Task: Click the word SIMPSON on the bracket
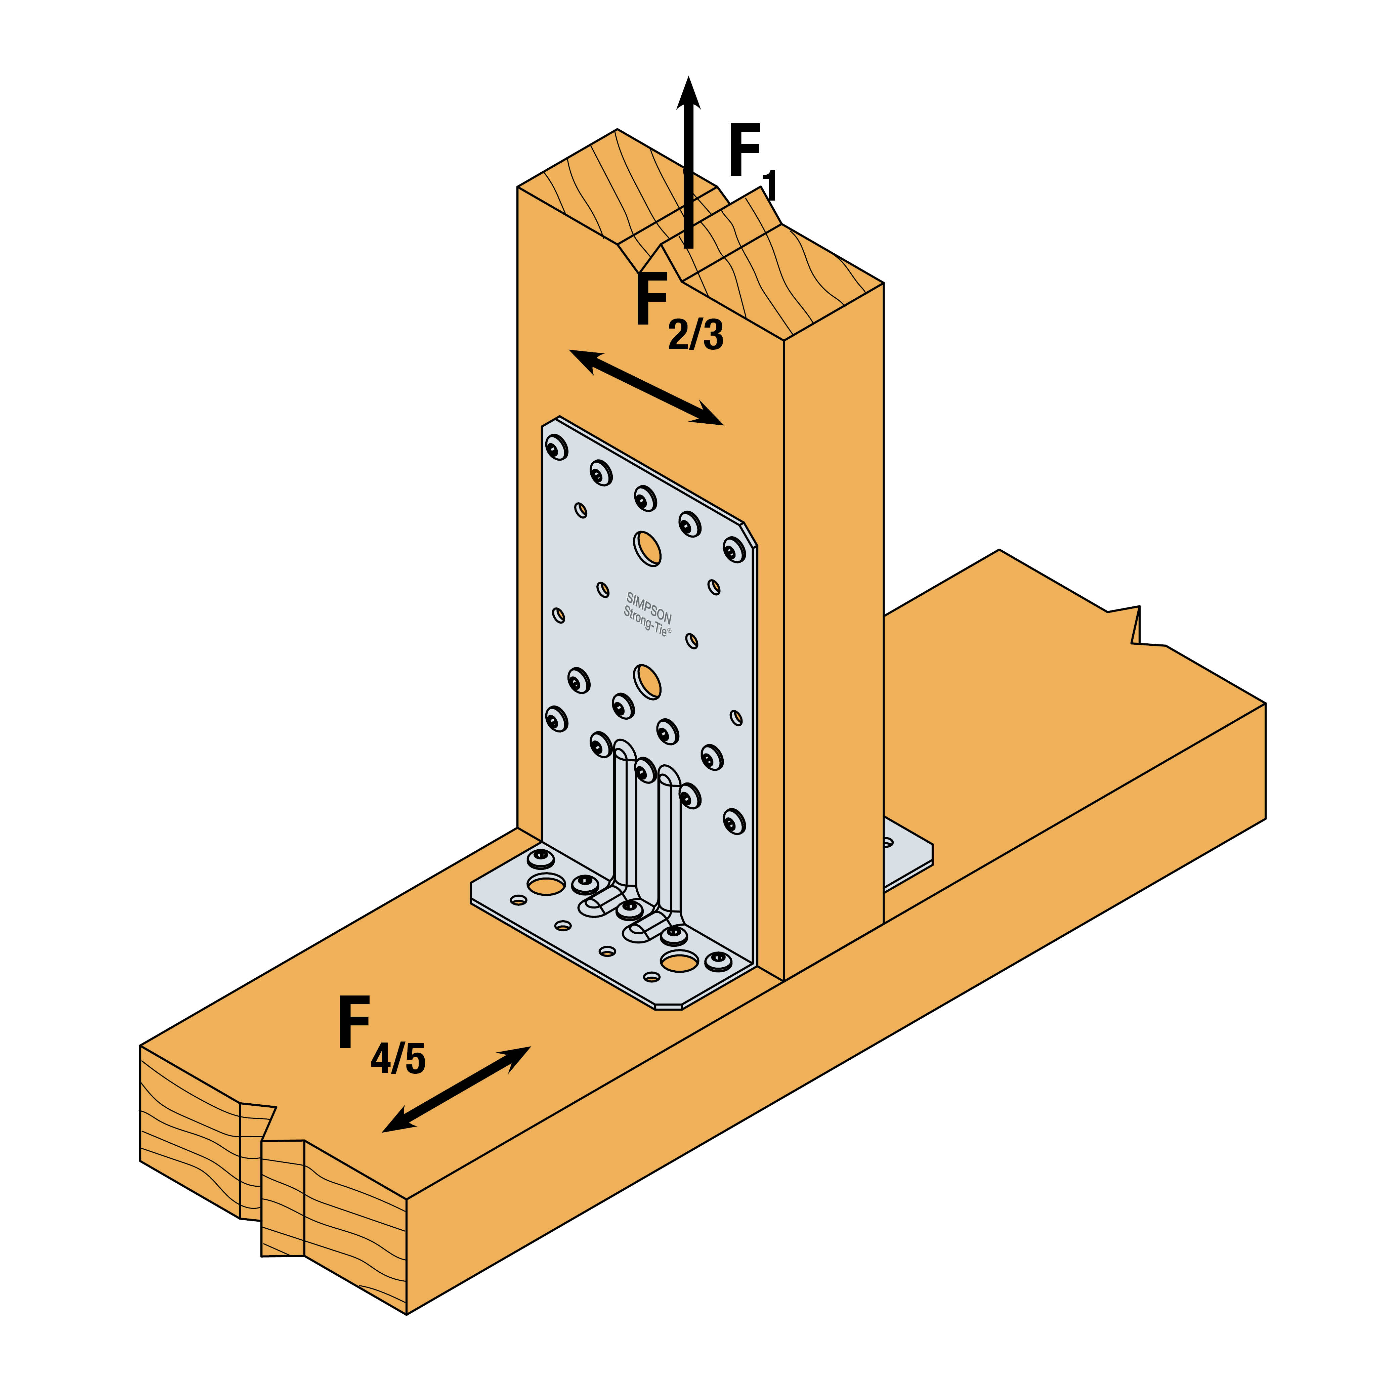[649, 607]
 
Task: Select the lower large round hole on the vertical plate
[647, 681]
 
